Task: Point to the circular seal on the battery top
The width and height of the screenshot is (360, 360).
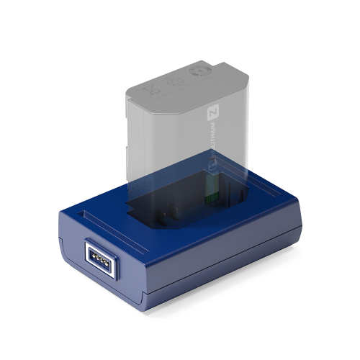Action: pyautogui.click(x=198, y=73)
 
